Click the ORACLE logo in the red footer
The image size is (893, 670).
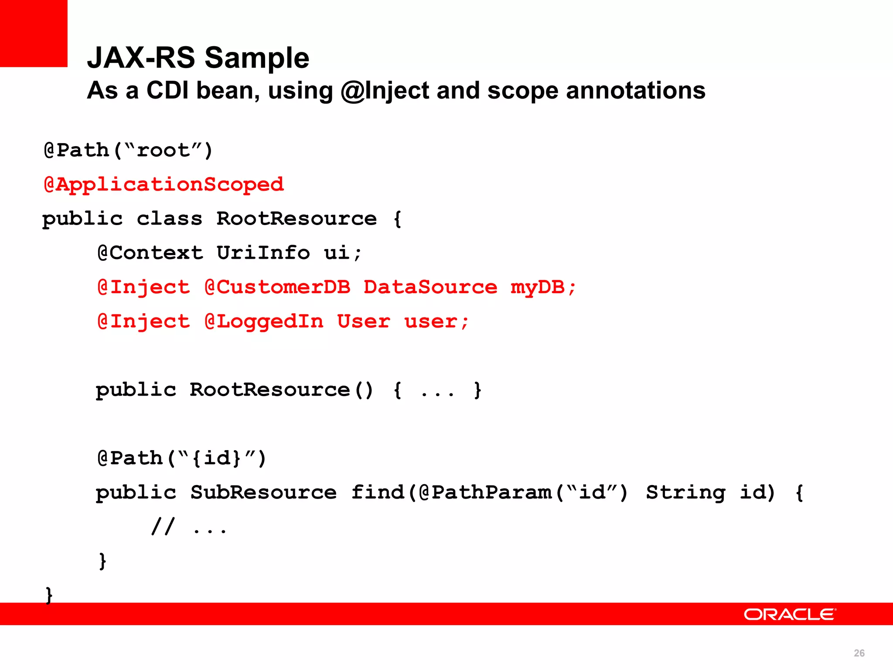[x=790, y=614]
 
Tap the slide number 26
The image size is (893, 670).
[x=859, y=653]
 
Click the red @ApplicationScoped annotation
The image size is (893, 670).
[x=164, y=185]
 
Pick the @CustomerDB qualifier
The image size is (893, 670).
[x=277, y=287]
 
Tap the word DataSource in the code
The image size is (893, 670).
[x=430, y=287]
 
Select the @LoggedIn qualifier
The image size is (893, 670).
[x=264, y=321]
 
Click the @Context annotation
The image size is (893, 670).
[x=150, y=253]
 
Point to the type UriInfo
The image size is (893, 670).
[x=263, y=253]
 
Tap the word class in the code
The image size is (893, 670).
[x=170, y=219]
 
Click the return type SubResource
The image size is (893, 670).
[x=263, y=492]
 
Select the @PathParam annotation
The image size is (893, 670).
[x=485, y=492]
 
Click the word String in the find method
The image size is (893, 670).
[x=685, y=492]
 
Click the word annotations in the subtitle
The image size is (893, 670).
[x=636, y=91]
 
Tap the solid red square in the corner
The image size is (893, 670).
[x=34, y=33]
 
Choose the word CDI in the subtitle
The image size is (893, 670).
[x=167, y=91]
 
